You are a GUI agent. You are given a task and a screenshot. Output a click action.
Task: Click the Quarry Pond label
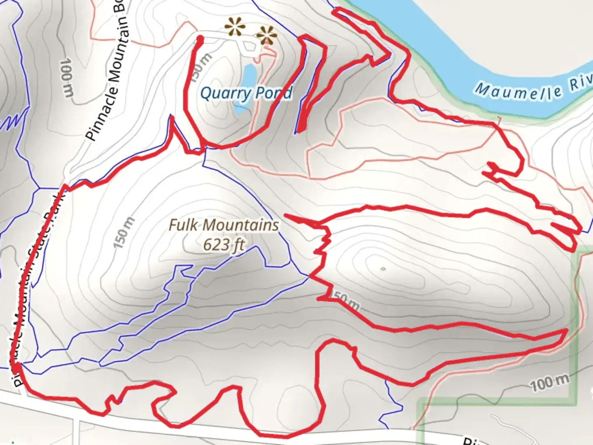click(x=246, y=93)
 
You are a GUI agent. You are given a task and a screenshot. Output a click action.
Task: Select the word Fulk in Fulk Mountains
click(x=184, y=225)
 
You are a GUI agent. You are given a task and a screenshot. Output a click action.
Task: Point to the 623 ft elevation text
click(x=224, y=244)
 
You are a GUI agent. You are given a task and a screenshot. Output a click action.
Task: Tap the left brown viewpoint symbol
click(x=235, y=28)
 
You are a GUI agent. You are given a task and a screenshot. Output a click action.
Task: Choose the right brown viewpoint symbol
click(x=267, y=36)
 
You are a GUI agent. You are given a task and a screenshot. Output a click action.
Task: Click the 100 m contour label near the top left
click(x=67, y=78)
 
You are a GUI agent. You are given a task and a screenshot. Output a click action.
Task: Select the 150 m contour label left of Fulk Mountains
click(x=124, y=233)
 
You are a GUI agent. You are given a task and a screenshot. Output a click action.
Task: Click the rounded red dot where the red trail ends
click(x=200, y=39)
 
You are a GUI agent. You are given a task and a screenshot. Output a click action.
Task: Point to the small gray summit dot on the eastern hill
click(x=383, y=269)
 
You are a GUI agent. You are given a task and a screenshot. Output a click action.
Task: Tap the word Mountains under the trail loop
click(x=241, y=225)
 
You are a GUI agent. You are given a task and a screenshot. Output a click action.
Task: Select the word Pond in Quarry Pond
click(x=274, y=93)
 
